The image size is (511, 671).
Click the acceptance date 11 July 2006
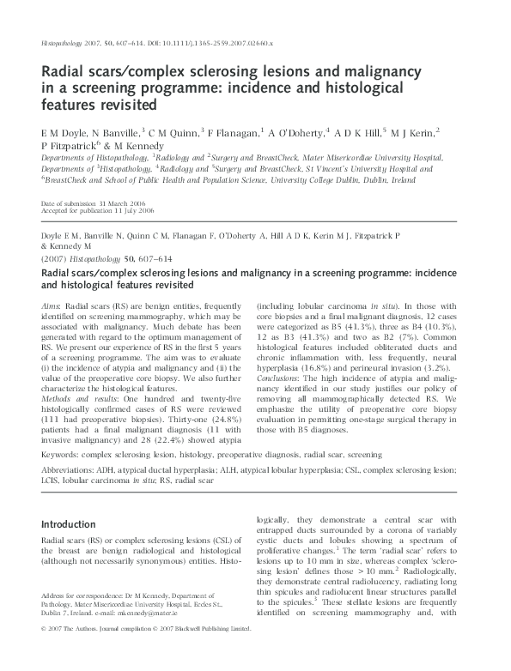coord(122,210)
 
